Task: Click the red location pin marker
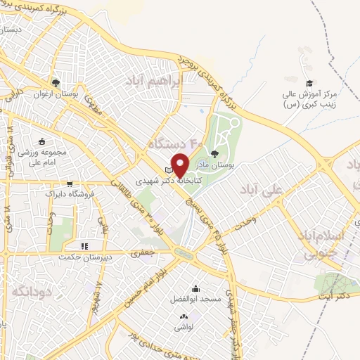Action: pyautogui.click(x=180, y=165)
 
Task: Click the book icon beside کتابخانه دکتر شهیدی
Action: pyautogui.click(x=168, y=169)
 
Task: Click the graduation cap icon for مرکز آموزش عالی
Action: pyautogui.click(x=309, y=83)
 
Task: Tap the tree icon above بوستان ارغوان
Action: pyautogui.click(x=56, y=82)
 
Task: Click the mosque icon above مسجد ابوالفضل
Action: pyautogui.click(x=195, y=288)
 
